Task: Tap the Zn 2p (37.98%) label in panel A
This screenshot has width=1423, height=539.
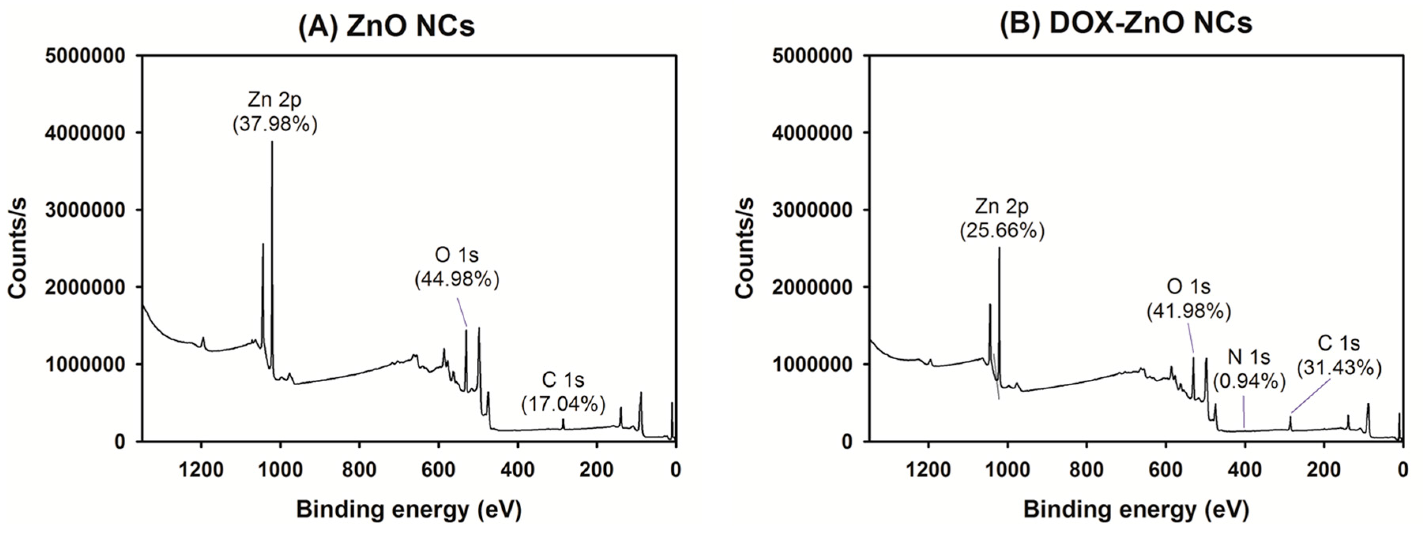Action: (x=275, y=113)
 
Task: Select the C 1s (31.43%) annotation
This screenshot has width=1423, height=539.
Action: (x=1339, y=355)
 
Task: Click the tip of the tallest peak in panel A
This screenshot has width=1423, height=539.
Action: (x=272, y=143)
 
